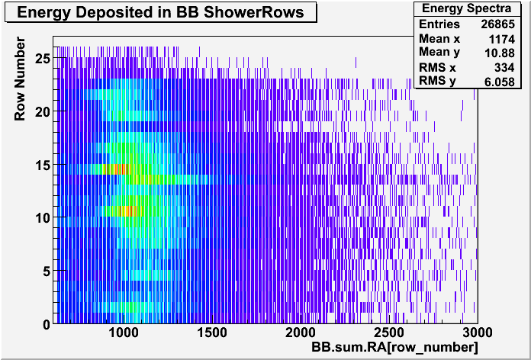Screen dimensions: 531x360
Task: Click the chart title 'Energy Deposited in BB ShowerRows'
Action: point(160,12)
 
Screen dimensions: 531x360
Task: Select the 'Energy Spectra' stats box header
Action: point(468,8)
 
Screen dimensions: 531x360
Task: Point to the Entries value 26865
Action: point(497,24)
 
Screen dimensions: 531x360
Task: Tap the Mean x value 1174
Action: point(501,40)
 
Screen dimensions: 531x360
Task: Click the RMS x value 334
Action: point(504,67)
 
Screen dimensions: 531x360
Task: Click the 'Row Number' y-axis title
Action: point(20,79)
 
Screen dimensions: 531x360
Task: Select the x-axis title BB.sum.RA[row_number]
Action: point(394,347)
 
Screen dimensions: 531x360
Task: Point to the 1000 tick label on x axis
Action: point(124,333)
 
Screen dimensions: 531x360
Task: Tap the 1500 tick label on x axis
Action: point(212,333)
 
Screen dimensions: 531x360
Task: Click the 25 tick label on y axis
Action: point(43,58)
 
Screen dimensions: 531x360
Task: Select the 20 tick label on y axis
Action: point(43,111)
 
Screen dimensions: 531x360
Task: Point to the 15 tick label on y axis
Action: point(43,165)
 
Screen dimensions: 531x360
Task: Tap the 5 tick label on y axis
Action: point(47,271)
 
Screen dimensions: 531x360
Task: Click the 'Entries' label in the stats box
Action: point(439,24)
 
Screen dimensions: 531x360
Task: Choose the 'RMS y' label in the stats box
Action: point(437,82)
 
